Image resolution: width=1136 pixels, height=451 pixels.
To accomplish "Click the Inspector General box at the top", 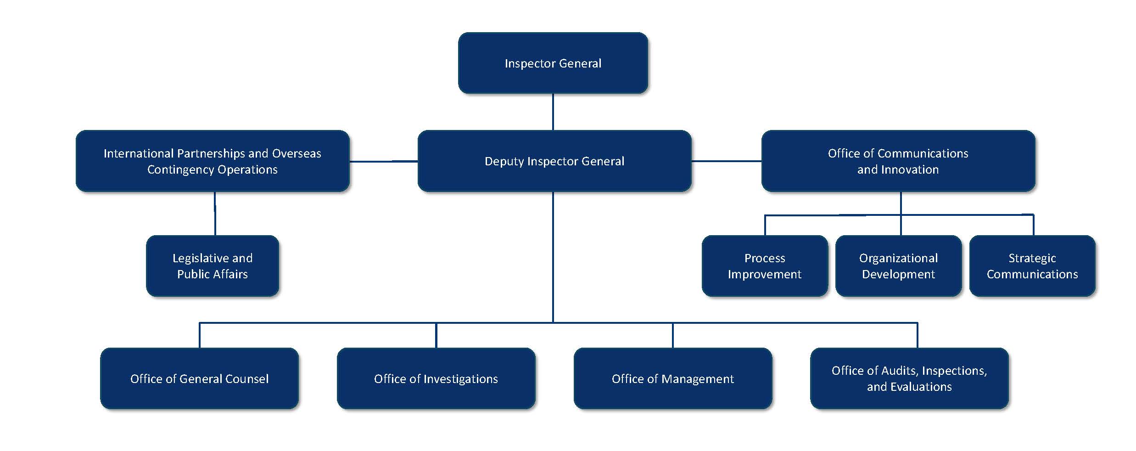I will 553,63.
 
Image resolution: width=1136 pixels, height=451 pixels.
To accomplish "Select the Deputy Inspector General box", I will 554,161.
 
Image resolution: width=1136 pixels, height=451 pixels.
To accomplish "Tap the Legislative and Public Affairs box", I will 212,266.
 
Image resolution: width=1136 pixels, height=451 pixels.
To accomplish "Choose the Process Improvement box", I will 764,266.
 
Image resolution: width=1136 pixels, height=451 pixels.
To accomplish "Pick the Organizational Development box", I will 898,266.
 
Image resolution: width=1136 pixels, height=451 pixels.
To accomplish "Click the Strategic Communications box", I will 1032,266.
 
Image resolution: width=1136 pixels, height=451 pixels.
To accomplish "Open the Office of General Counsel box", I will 199,378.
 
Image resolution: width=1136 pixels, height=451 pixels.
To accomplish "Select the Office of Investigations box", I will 436,378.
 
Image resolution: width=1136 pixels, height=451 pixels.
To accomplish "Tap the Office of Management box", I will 672,378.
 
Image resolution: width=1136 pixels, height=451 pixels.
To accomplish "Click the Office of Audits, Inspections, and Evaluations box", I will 909,378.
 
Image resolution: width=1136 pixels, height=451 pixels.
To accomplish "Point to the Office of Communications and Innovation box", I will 898,161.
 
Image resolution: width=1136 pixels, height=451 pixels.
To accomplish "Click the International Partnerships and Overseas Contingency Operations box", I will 212,161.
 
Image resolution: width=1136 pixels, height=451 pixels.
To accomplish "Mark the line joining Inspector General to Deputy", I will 553,112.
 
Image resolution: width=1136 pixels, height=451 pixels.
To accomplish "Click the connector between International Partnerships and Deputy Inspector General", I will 383,161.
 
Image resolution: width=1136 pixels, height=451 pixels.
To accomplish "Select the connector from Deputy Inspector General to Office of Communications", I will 726,161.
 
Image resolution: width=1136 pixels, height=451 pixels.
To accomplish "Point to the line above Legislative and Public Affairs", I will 215,214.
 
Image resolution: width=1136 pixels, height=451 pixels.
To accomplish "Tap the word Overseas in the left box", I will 297,153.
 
